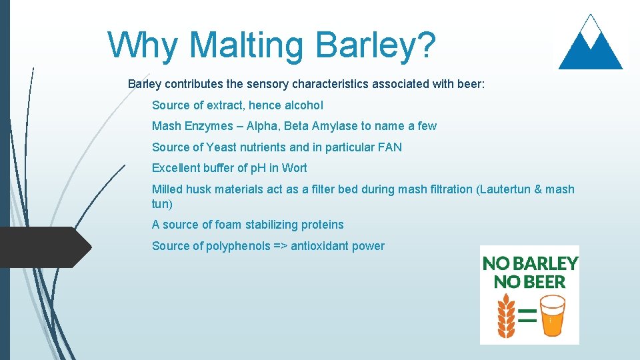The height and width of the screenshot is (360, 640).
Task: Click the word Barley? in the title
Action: [376, 45]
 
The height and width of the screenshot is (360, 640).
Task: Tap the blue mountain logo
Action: [590, 43]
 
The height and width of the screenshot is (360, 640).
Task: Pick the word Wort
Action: [294, 168]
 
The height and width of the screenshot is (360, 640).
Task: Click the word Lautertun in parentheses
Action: [503, 189]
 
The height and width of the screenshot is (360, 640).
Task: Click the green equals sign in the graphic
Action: [527, 315]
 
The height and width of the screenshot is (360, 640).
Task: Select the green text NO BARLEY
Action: [530, 263]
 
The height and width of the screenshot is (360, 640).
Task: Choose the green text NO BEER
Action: [529, 282]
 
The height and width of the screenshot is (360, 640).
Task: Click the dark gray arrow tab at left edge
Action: [43, 247]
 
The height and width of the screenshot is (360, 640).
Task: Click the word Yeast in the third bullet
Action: [221, 147]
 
